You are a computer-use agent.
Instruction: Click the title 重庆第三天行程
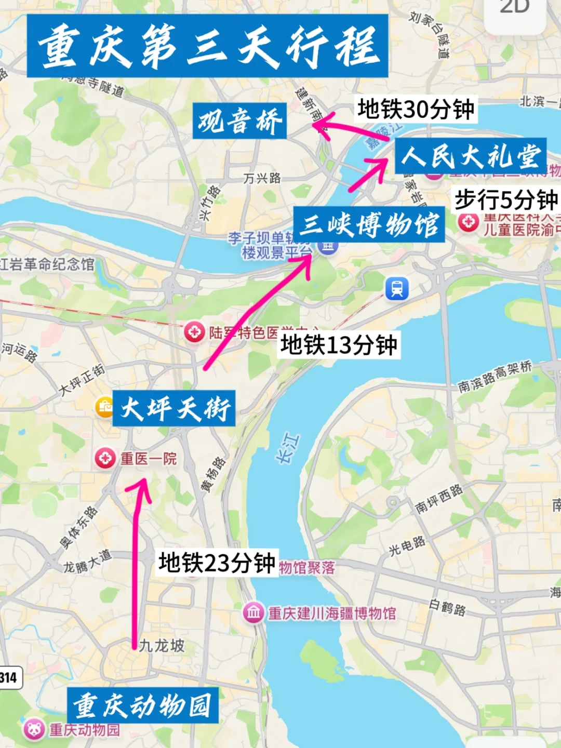(x=208, y=46)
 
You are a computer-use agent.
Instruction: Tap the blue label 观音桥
(x=239, y=121)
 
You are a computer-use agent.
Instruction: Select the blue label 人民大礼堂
(x=471, y=156)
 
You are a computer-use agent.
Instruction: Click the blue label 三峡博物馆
(x=369, y=225)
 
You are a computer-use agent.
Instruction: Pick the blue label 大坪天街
(x=175, y=408)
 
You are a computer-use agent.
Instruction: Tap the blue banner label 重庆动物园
(x=142, y=705)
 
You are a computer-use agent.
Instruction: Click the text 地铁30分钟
(x=416, y=109)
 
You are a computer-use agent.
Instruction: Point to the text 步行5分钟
(x=506, y=199)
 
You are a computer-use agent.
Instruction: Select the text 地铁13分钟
(x=339, y=344)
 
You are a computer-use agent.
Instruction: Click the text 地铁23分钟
(x=217, y=563)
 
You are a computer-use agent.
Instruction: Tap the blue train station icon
(x=397, y=288)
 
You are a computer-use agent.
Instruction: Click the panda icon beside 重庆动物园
(x=34, y=730)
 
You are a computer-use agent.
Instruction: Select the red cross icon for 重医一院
(x=105, y=459)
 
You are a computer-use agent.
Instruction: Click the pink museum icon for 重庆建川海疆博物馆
(x=253, y=613)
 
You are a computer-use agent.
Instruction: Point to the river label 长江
(x=288, y=448)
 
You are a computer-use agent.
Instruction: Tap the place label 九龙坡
(x=162, y=646)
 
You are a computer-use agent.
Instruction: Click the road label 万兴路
(x=262, y=179)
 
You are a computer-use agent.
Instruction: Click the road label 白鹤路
(x=448, y=607)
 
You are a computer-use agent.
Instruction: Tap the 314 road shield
(x=9, y=677)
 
